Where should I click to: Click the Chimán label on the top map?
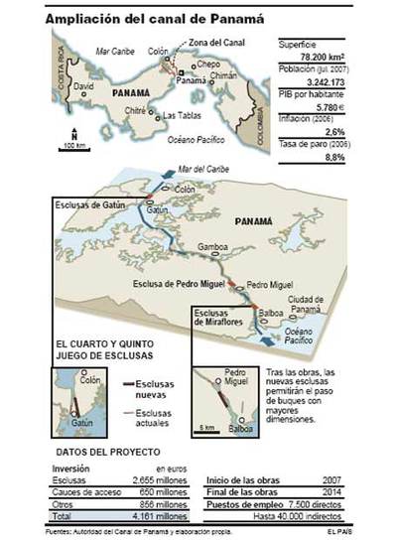(x=222, y=75)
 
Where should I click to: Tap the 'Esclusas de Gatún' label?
(x=92, y=206)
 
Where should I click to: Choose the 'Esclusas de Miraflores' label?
(x=217, y=317)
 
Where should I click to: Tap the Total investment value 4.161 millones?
(x=161, y=516)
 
